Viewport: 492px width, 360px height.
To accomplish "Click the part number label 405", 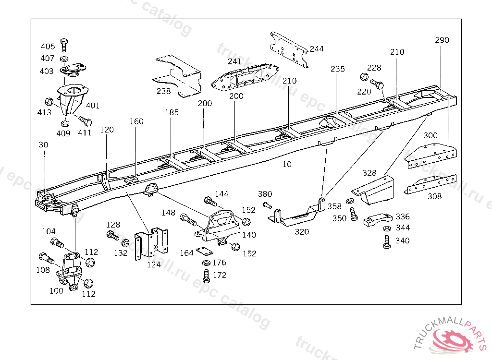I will (48, 47).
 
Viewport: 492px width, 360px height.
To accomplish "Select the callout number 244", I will (317, 48).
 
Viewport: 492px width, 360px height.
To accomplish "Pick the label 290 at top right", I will (442, 40).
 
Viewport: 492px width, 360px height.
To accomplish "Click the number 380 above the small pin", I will (265, 194).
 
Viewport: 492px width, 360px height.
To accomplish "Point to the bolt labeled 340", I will (387, 241).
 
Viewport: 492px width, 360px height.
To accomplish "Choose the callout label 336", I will (403, 216).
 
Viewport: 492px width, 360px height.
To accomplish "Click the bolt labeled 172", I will (206, 276).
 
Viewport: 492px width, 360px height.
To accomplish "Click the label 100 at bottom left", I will (56, 290).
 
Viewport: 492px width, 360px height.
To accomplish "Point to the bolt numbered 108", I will (47, 258).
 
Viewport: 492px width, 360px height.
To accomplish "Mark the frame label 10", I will (287, 164).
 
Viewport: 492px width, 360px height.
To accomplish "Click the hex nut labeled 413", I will (49, 102).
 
